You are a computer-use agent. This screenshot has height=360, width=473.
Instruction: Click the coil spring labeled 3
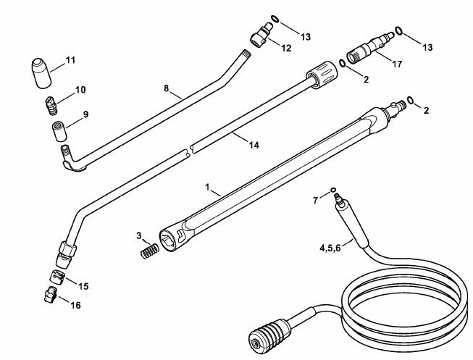[x=150, y=250]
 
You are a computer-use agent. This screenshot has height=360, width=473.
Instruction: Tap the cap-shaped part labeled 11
[x=41, y=72]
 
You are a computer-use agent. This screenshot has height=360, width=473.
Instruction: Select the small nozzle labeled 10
[x=51, y=105]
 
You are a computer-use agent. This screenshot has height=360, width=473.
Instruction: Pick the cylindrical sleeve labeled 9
[x=59, y=130]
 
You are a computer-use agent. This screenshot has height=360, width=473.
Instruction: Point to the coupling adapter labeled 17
[x=369, y=48]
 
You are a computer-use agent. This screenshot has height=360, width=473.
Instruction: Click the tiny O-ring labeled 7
[x=333, y=190]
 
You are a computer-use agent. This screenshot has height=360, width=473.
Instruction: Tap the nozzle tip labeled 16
[x=50, y=294]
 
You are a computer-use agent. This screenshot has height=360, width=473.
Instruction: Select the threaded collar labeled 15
[x=57, y=277]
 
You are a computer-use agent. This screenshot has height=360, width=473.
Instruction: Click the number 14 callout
[x=254, y=145]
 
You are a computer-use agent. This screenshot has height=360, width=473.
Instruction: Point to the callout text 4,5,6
[x=330, y=248]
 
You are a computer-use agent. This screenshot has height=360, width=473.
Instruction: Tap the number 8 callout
[x=166, y=88]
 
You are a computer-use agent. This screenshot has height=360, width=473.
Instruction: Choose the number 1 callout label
[x=207, y=187]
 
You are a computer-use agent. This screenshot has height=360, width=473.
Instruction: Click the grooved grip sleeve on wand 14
[x=322, y=74]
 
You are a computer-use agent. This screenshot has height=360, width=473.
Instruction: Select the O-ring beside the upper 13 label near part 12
[x=275, y=19]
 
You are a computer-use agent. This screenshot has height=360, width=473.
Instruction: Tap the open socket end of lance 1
[x=168, y=240]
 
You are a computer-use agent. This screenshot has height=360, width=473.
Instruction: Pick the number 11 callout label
[x=70, y=60]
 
